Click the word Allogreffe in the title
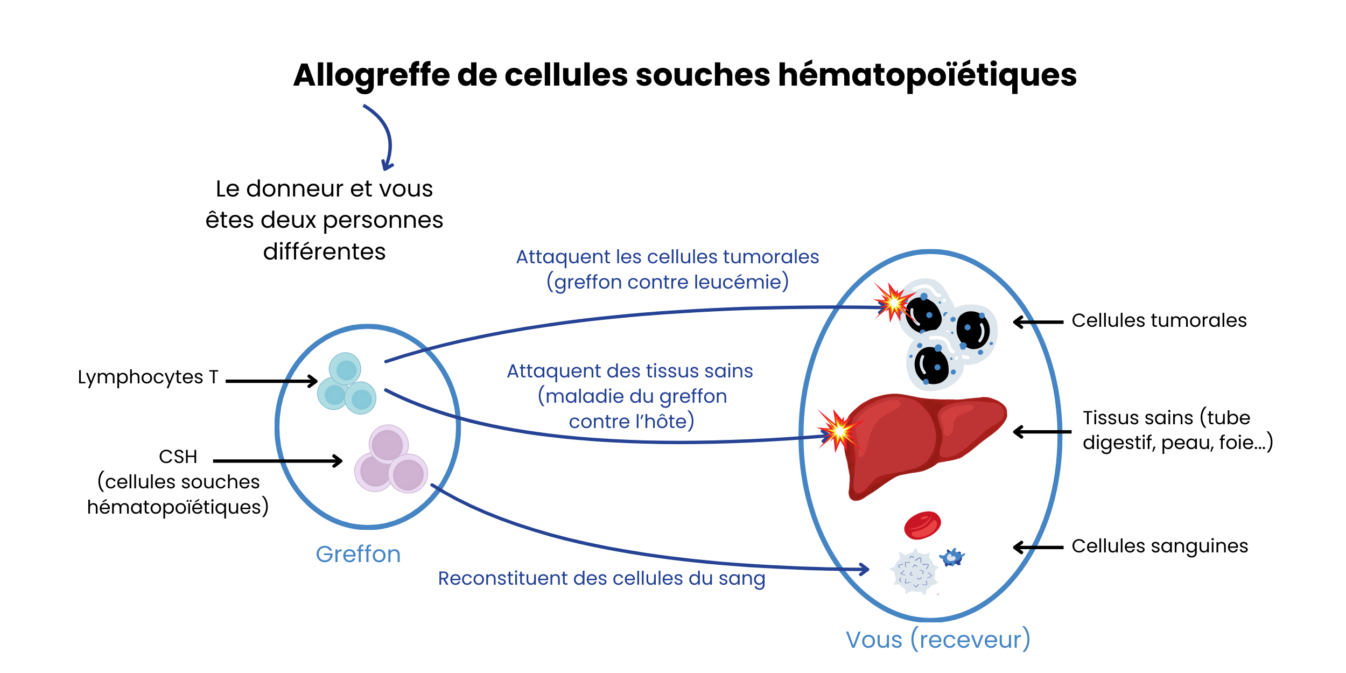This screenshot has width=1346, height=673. pyautogui.click(x=371, y=75)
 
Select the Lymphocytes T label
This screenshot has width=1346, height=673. pyautogui.click(x=148, y=377)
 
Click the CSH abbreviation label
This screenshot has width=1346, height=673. pyautogui.click(x=178, y=457)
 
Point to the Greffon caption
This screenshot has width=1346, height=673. pyautogui.click(x=358, y=555)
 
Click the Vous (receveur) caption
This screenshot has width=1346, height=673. pyautogui.click(x=938, y=640)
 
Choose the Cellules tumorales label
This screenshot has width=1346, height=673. pyautogui.click(x=1159, y=320)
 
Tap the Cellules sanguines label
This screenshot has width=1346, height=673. pyautogui.click(x=1159, y=546)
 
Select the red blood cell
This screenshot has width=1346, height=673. pyautogui.click(x=922, y=525)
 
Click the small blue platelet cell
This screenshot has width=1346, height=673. pyautogui.click(x=952, y=557)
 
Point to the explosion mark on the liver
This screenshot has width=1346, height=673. pyautogui.click(x=838, y=430)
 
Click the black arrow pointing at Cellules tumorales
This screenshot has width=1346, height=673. pyautogui.click(x=1038, y=322)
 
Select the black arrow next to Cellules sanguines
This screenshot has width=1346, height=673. pyautogui.click(x=1038, y=548)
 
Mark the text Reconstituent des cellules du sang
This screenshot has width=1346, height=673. pyautogui.click(x=601, y=578)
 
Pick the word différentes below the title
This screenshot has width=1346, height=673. pyautogui.click(x=324, y=251)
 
